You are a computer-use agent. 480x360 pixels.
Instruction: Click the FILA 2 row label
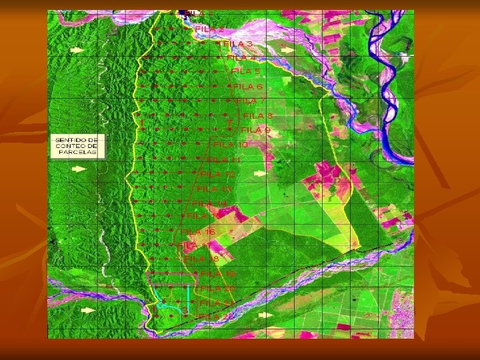tap(210, 29)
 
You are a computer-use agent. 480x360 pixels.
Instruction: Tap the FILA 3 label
tap(238, 43)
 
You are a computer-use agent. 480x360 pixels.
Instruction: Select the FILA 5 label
tap(246, 71)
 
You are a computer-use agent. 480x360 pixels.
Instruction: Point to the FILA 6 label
tap(249, 86)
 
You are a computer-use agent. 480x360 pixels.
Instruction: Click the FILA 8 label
tap(257, 115)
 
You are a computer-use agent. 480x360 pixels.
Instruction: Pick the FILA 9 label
tap(255, 129)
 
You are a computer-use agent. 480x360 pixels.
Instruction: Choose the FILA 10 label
tap(231, 144)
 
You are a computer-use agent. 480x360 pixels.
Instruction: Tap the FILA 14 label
tap(210, 203)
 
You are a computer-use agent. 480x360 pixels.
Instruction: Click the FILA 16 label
tap(198, 231)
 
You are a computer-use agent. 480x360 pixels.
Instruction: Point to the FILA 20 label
tap(218, 288)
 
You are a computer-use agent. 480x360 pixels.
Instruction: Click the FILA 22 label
tap(216, 315)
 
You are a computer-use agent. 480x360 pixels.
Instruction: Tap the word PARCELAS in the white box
tap(77, 152)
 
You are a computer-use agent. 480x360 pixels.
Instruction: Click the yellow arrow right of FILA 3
tap(287, 49)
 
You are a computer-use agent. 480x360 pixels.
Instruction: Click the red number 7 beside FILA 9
tap(230, 123)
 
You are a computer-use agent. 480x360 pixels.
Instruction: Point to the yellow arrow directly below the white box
tap(79, 166)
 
